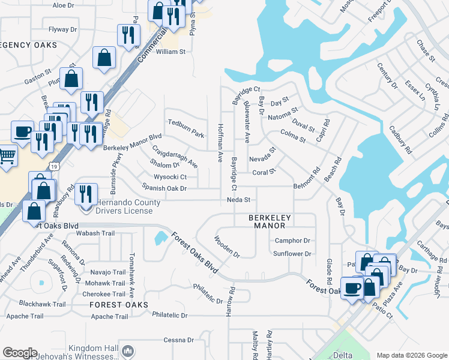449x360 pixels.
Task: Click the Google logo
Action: pyautogui.click(x=19, y=353)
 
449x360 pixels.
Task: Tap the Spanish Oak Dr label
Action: pyautogui.click(x=164, y=188)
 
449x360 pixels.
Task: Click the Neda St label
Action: pyautogui.click(x=238, y=199)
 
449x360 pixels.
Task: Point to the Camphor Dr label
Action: pyautogui.click(x=292, y=241)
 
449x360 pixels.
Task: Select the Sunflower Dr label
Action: pyautogui.click(x=292, y=254)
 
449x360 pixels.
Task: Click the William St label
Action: pyautogui.click(x=171, y=52)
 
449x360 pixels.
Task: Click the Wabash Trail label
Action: pyautogui.click(x=95, y=233)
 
